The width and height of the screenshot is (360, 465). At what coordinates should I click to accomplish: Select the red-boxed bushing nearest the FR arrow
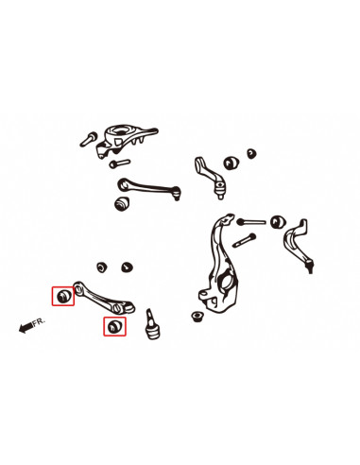click(64, 296)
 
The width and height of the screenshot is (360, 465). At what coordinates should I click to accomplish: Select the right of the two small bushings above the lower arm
click(126, 267)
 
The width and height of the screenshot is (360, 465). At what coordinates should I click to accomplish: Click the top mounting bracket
click(126, 137)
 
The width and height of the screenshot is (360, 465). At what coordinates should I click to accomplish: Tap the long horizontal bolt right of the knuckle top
click(252, 221)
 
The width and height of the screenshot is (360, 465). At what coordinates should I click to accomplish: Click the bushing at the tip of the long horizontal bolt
click(277, 222)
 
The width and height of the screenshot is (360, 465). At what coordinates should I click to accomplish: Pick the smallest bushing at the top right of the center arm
click(250, 151)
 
